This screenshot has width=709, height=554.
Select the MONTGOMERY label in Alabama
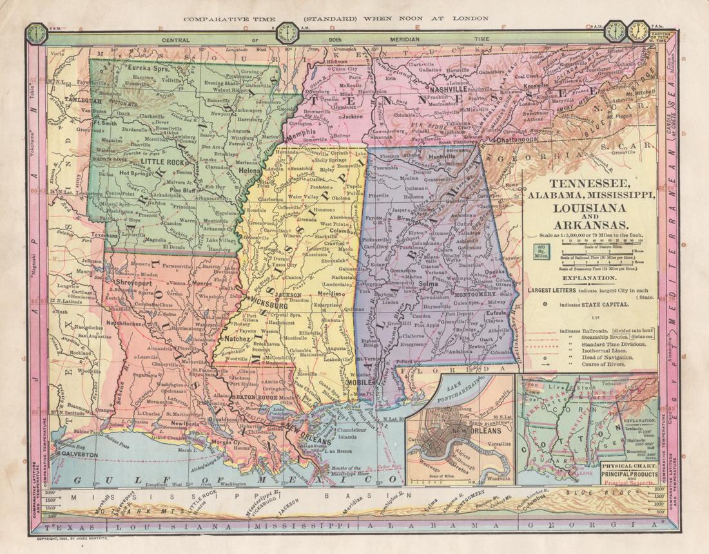463,293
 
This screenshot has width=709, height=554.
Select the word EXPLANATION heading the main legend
588,278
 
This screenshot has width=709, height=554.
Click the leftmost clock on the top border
38,33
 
